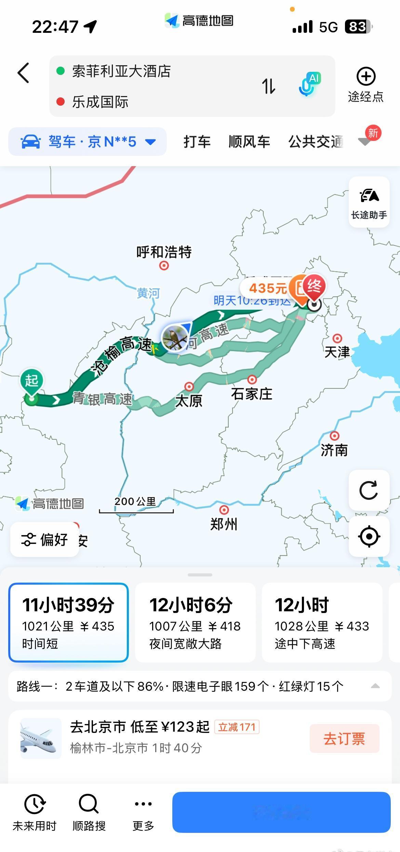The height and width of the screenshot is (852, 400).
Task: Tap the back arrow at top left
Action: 23,73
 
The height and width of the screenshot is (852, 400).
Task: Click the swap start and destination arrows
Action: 269,86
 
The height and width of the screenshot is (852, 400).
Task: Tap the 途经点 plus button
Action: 366,77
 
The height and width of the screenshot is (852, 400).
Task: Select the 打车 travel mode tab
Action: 197,142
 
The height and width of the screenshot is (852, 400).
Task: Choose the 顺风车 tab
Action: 249,142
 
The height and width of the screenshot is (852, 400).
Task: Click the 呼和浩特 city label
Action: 164,252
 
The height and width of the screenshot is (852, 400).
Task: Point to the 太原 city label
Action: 189,401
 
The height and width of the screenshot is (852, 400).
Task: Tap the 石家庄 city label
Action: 252,394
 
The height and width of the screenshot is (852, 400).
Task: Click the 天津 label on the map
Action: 337,351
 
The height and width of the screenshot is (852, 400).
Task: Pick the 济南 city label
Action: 334,450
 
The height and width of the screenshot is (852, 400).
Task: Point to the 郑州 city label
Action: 224,524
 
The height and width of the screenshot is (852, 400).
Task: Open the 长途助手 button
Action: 369,202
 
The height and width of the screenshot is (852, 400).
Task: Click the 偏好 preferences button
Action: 44,540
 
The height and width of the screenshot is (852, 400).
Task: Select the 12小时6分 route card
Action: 195,622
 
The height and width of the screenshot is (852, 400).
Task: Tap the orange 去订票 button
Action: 344,738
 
